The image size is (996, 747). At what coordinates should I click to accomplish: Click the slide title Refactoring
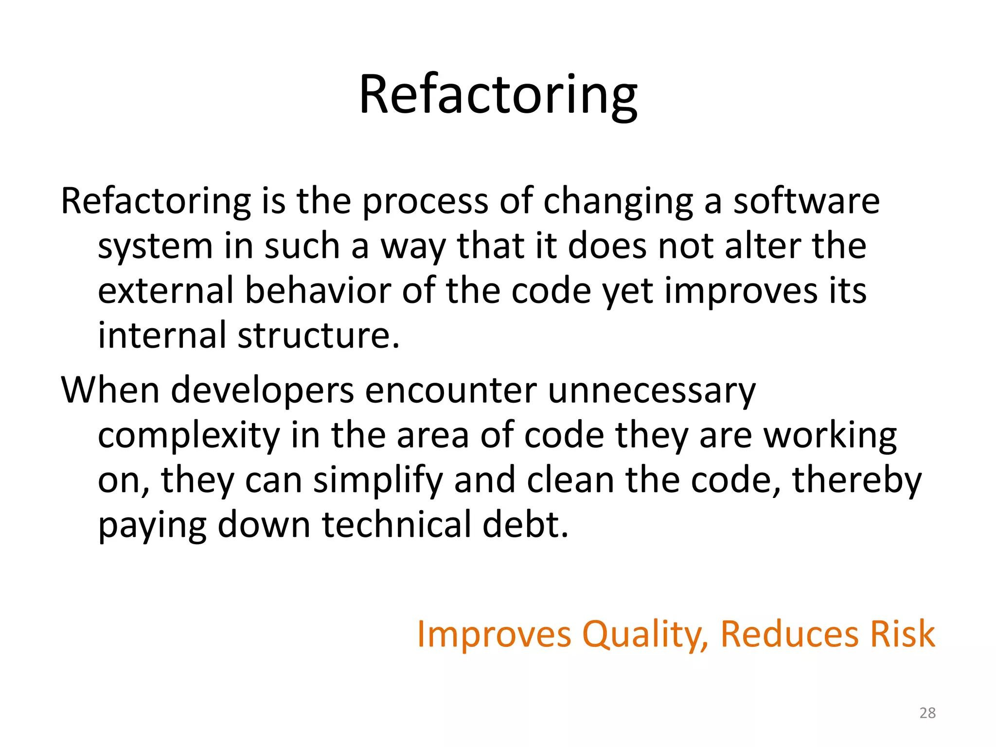tap(498, 95)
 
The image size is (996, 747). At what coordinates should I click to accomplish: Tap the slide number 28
tap(927, 713)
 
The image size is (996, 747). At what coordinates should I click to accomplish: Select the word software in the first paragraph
tap(806, 201)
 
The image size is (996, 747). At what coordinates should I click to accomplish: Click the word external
tap(166, 290)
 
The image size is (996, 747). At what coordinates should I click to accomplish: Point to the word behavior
tap(318, 290)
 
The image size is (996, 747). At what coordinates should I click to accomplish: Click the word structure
tap(319, 335)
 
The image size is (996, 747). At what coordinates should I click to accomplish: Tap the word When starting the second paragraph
tap(110, 390)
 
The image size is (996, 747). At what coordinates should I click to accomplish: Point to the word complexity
tap(189, 436)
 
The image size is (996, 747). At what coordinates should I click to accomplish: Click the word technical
tap(396, 525)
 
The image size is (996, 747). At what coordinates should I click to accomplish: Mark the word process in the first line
tap(425, 202)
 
